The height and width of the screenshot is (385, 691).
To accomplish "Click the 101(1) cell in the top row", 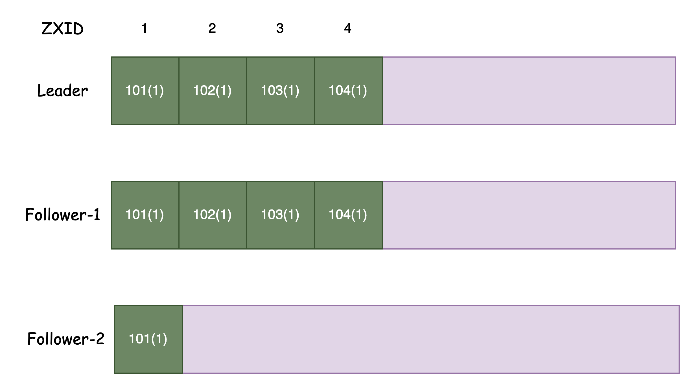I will pyautogui.click(x=145, y=91).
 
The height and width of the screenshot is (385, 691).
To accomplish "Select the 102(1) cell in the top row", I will pyautogui.click(x=213, y=91).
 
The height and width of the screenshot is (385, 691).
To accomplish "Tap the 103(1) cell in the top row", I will pyautogui.click(x=280, y=91).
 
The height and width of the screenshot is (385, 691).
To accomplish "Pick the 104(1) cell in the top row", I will pyautogui.click(x=348, y=91).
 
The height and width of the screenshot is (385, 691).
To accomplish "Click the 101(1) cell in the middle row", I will pyautogui.click(x=145, y=215).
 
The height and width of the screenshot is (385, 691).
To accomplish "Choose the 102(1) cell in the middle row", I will pyautogui.click(x=213, y=215).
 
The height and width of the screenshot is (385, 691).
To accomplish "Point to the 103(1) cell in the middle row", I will pyautogui.click(x=280, y=215).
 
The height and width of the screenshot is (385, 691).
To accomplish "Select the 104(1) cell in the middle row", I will pyautogui.click(x=348, y=215).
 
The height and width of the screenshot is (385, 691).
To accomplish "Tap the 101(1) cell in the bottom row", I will pyautogui.click(x=148, y=339).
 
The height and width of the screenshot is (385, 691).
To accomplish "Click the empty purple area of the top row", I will pyautogui.click(x=529, y=91).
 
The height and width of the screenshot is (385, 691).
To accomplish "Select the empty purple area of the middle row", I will pyautogui.click(x=529, y=215).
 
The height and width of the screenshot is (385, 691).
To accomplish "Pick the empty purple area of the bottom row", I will pyautogui.click(x=431, y=339).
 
